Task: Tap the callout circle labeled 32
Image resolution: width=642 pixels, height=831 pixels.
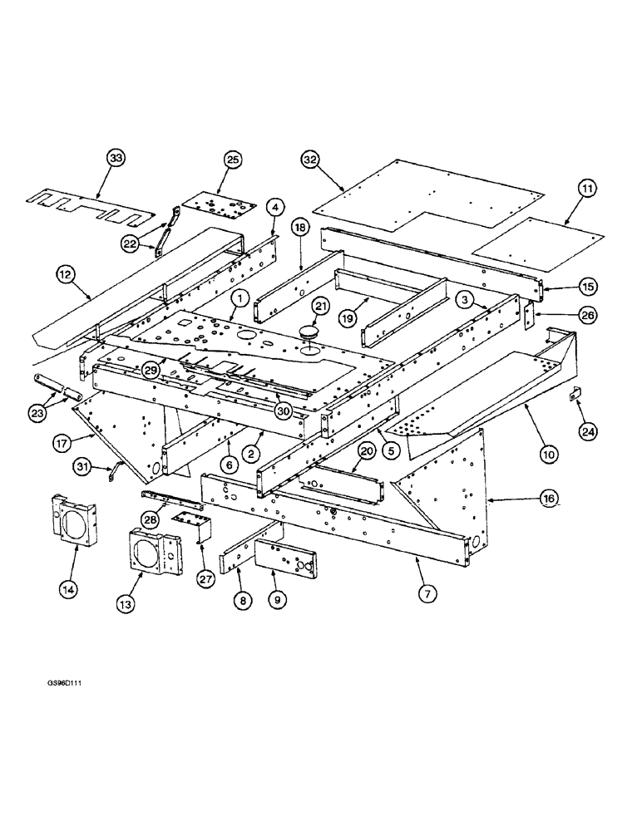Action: pos(311,160)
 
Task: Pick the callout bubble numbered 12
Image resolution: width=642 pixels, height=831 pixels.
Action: pos(67,273)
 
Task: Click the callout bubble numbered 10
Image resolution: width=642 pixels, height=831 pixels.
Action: pos(546,454)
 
